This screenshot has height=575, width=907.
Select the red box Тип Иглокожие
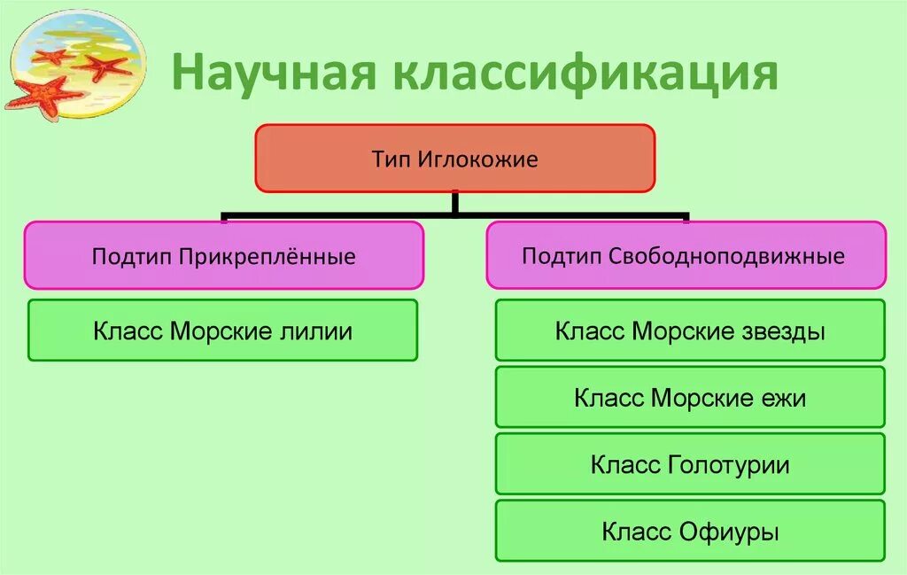click(454, 158)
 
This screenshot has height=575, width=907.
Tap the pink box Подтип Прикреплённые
click(223, 255)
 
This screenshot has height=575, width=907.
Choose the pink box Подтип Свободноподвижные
click(685, 255)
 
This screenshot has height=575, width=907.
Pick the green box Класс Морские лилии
click(222, 330)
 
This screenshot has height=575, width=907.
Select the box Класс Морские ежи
click(689, 396)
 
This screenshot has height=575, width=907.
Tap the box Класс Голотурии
click(689, 463)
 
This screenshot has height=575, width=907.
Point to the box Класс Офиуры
click(689, 531)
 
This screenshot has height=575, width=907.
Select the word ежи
click(783, 398)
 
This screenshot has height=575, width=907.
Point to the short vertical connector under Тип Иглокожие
click(454, 203)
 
